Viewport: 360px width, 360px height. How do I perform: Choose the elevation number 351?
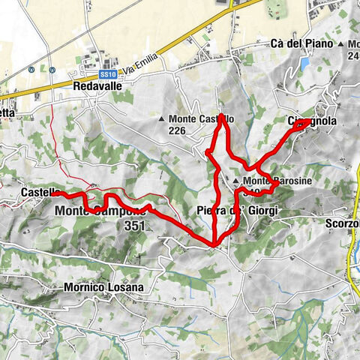pyautogui.click(x=135, y=226)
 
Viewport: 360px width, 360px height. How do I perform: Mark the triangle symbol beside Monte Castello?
pyautogui.click(x=162, y=119)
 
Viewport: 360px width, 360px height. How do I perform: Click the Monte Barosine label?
pyautogui.click(x=270, y=181)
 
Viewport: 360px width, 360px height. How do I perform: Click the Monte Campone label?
pyautogui.click(x=99, y=211)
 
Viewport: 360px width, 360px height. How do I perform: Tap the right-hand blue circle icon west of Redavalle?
pyautogui.click(x=52, y=70)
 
